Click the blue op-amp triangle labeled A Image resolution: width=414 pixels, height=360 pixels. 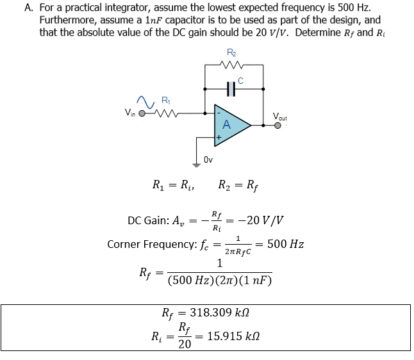point(229,124)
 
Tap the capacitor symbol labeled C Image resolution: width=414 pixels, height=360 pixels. point(233,90)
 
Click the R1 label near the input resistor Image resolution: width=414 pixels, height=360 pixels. point(166,99)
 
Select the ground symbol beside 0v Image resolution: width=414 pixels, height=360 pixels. point(195,160)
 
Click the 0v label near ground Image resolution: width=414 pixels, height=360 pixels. point(208,158)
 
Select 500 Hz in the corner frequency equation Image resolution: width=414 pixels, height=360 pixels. point(285,244)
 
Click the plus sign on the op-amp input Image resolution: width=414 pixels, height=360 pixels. point(219,137)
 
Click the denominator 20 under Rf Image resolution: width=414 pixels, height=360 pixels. point(184,345)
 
